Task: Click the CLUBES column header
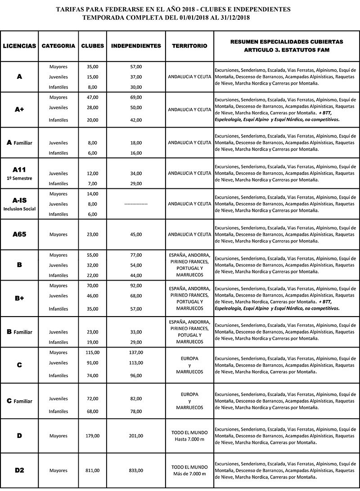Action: [x=93, y=46]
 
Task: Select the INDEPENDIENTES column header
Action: [x=136, y=46]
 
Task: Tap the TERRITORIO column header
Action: [x=189, y=46]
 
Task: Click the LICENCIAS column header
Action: [x=19, y=46]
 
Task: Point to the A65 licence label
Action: [x=19, y=234]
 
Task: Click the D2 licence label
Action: [x=19, y=470]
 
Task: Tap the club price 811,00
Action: [x=92, y=470]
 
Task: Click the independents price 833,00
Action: [x=136, y=470]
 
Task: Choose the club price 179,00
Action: [x=92, y=436]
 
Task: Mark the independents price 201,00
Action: [x=136, y=436]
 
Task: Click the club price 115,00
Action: [x=92, y=353]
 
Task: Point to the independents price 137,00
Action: [x=136, y=353]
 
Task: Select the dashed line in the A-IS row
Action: [x=136, y=204]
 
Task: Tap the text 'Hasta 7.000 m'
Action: [x=189, y=439]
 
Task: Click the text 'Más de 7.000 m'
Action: [x=189, y=474]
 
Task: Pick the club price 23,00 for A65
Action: [x=92, y=234]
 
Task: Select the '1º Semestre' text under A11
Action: [x=19, y=177]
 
